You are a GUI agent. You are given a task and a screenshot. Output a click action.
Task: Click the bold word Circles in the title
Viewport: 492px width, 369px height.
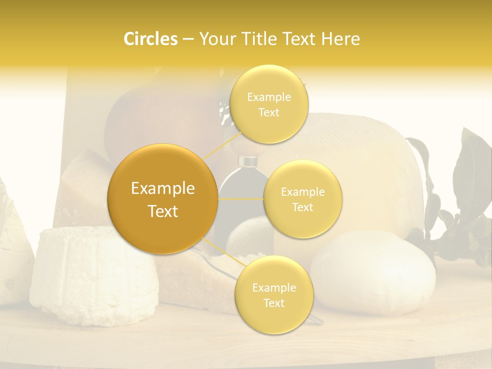(x=150, y=39)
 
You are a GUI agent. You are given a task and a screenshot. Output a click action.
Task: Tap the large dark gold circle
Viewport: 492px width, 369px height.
(x=162, y=199)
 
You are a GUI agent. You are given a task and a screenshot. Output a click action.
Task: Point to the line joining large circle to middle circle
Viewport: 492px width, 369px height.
(x=241, y=199)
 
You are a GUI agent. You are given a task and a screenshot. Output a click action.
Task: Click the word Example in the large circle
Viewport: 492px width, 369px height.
(x=162, y=189)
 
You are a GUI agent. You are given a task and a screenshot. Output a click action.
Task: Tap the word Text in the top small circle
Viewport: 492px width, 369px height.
(x=269, y=113)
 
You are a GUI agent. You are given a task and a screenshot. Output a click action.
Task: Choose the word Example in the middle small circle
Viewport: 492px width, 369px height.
(x=302, y=192)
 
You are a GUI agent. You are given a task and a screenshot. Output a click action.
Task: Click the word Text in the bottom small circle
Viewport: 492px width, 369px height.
(x=274, y=303)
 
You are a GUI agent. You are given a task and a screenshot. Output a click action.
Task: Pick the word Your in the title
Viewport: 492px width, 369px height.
(x=214, y=39)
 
